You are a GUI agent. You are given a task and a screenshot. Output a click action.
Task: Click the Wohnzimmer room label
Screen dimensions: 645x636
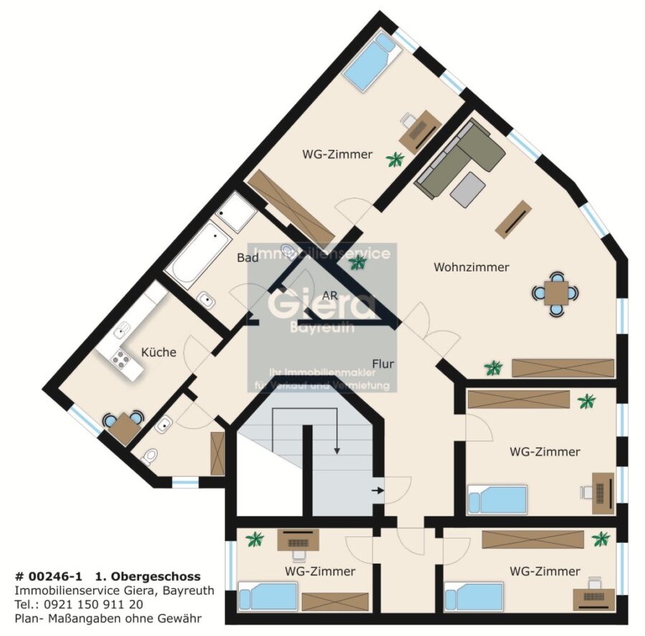(x=472, y=267)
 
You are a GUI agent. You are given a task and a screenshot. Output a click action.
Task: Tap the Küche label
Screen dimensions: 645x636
(x=158, y=352)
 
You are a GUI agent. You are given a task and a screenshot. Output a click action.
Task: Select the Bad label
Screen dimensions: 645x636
(x=248, y=258)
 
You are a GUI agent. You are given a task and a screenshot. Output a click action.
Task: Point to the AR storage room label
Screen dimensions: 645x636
(x=330, y=296)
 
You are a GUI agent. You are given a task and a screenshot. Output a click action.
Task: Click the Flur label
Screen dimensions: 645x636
(x=383, y=364)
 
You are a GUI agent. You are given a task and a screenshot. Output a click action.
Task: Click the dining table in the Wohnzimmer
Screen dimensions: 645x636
(x=555, y=293)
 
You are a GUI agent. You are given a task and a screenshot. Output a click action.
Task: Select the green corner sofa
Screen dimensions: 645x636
(x=459, y=159)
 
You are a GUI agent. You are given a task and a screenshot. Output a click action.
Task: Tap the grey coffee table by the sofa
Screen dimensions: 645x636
(x=468, y=190)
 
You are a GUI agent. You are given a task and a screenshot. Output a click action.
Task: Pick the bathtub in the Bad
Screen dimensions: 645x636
(x=198, y=255)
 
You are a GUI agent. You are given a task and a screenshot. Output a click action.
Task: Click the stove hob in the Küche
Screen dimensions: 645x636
(x=120, y=359)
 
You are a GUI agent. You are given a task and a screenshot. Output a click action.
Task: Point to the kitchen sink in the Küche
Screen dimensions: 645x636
(x=121, y=330)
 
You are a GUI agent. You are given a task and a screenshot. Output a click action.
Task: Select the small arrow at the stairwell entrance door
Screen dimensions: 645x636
(x=378, y=490)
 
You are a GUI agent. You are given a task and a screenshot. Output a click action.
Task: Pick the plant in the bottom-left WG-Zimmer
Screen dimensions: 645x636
(x=255, y=539)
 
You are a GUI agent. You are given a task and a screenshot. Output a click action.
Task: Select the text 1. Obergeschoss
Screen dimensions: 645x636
(x=148, y=577)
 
